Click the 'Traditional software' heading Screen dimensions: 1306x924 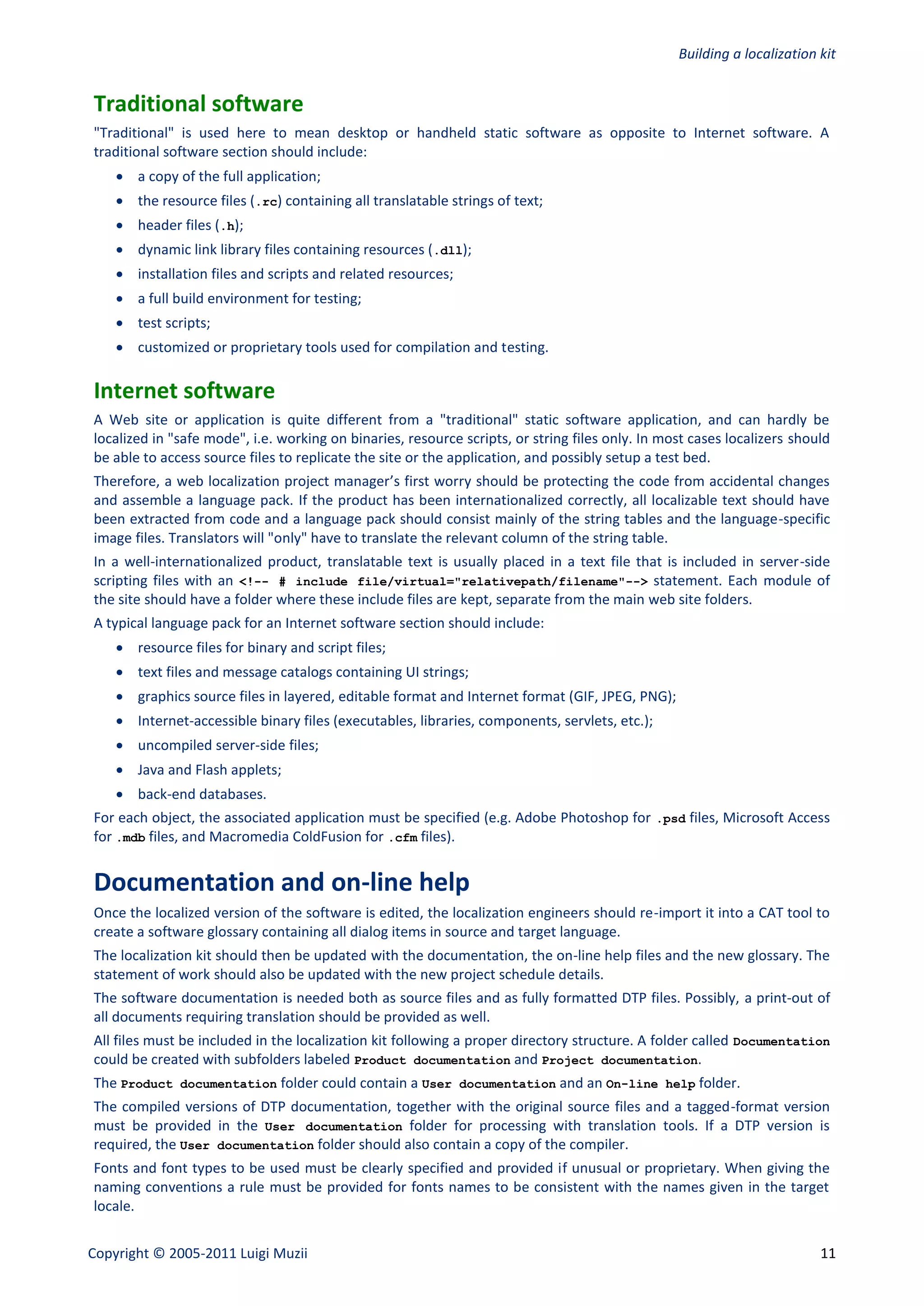pyautogui.click(x=198, y=104)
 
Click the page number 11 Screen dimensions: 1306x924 pyautogui.click(x=828, y=1253)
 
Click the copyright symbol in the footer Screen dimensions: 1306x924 pyautogui.click(x=159, y=1253)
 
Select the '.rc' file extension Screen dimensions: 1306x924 pyautogui.click(x=266, y=202)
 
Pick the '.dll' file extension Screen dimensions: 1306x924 pyautogui.click(x=448, y=251)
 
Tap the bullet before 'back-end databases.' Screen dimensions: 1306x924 pyautogui.click(x=120, y=794)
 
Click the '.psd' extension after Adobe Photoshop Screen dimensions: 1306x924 pyautogui.click(x=671, y=819)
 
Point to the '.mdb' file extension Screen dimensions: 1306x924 pyautogui.click(x=131, y=838)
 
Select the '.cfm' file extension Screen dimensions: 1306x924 pyautogui.click(x=403, y=838)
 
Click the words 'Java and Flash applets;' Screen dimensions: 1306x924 pyautogui.click(x=209, y=770)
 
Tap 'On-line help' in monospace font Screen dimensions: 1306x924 pyautogui.click(x=650, y=1084)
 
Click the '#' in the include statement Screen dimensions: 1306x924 pyautogui.click(x=282, y=581)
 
